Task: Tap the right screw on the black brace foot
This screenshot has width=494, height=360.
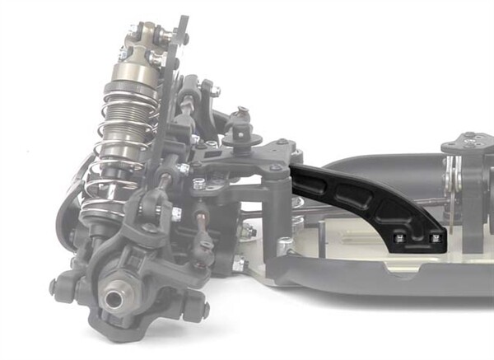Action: pyautogui.click(x=436, y=238)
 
